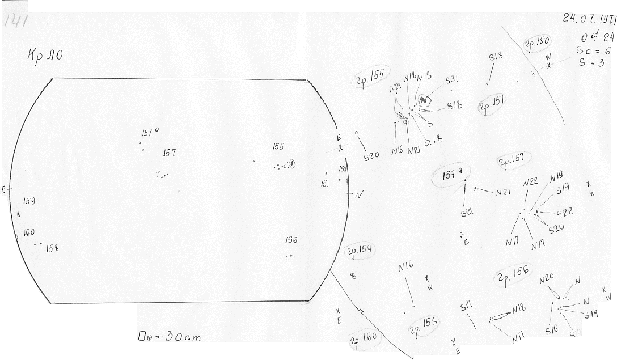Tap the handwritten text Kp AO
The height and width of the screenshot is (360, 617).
[x=43, y=57]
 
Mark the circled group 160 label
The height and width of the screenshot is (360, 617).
[x=363, y=338]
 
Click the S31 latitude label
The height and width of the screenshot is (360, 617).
[x=451, y=81]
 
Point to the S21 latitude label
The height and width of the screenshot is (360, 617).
[x=467, y=214]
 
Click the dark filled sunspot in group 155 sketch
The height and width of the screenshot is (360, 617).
[x=423, y=100]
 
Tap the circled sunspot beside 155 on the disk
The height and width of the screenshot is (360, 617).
[x=292, y=164]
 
